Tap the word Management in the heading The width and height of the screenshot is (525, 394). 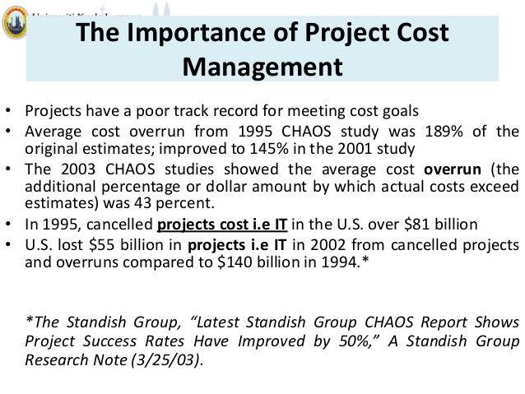[x=271, y=65]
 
